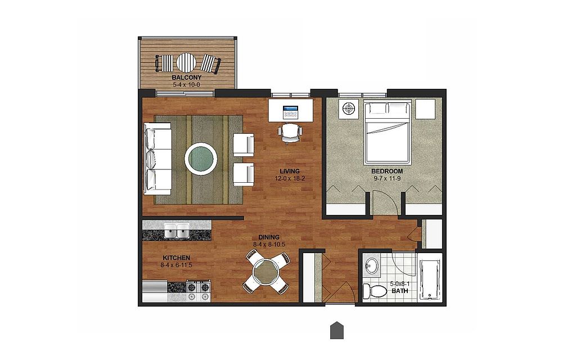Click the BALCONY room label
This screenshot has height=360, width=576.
187,78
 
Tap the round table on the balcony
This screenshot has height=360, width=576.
186,63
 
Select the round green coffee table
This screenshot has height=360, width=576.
201,159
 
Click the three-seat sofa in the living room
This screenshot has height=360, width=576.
157,159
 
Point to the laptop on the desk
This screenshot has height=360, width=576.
291,112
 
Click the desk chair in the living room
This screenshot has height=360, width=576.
290,133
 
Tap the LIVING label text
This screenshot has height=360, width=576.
290,171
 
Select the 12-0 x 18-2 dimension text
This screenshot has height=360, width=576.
290,179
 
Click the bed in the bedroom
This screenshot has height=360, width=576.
387,133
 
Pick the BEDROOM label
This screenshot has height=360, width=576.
387,171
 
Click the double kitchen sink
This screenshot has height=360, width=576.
177,231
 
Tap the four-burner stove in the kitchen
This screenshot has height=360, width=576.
199,291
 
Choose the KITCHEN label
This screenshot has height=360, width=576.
176,258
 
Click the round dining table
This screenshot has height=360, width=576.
266,272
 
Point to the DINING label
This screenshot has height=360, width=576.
268,237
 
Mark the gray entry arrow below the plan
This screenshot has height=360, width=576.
337,330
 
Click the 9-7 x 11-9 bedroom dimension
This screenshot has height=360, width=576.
387,179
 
